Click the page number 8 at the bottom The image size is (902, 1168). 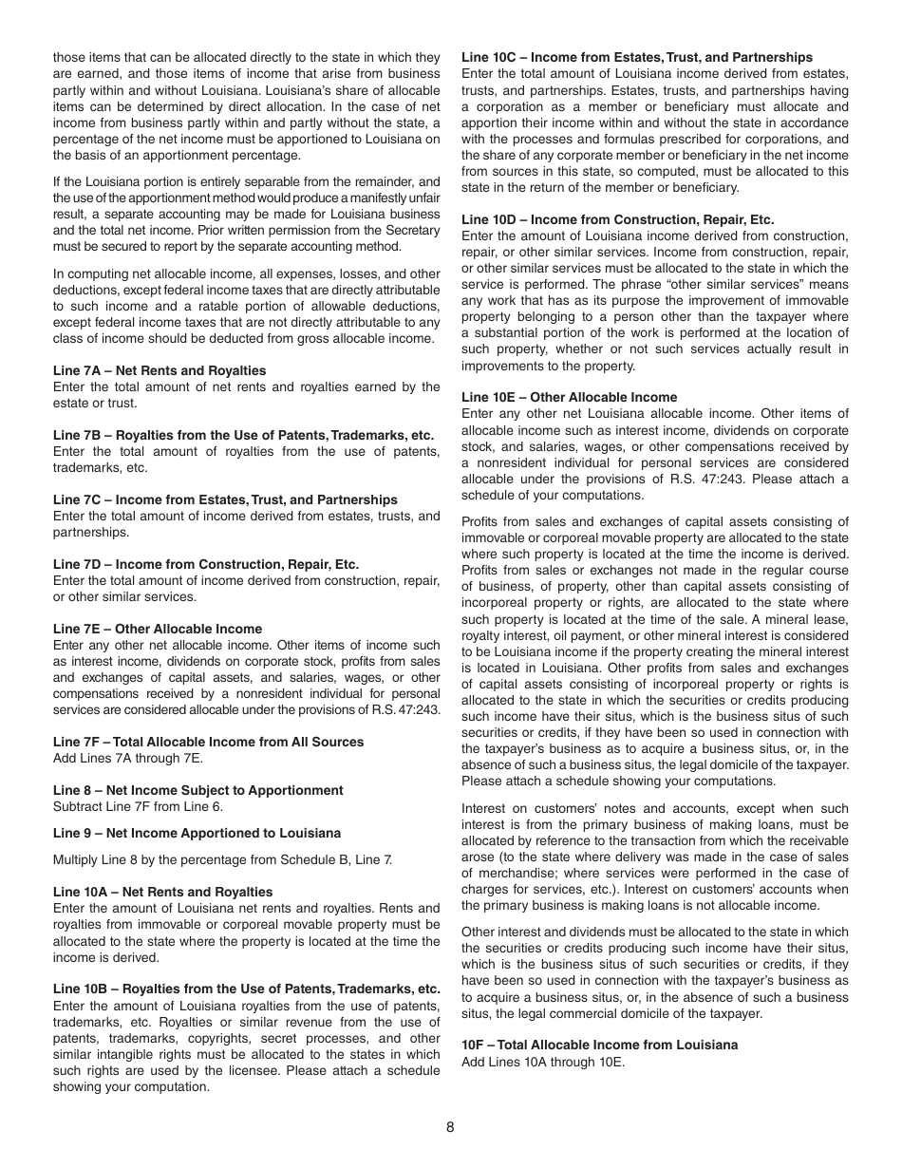450,1127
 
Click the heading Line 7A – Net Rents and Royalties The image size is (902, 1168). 160,370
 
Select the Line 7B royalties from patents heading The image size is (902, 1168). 243,435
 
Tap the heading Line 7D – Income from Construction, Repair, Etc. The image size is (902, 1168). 206,564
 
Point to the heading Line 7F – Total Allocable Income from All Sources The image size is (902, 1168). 208,742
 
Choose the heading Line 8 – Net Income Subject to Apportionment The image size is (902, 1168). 197,790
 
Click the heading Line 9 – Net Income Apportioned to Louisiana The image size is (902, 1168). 197,833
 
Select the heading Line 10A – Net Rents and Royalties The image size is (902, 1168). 162,892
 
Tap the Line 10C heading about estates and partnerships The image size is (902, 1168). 637,57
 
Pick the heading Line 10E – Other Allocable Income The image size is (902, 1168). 569,397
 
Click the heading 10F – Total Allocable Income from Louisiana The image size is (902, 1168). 599,1045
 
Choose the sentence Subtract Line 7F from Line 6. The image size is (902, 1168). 138,806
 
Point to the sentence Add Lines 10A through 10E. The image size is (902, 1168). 543,1061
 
